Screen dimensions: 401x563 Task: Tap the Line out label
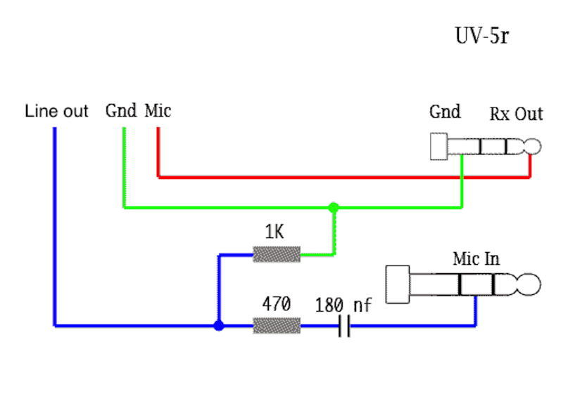click(x=56, y=111)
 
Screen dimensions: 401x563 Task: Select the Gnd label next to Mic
click(x=120, y=111)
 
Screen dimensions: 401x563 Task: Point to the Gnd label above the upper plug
click(x=445, y=112)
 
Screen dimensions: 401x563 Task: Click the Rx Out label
click(x=516, y=114)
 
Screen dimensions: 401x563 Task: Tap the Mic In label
click(x=476, y=258)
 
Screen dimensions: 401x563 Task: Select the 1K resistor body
click(x=277, y=254)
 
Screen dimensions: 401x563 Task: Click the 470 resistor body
click(x=277, y=326)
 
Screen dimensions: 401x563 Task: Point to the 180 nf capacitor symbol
click(x=344, y=326)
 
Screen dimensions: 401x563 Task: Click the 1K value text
click(x=274, y=232)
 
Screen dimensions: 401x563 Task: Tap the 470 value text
click(x=276, y=305)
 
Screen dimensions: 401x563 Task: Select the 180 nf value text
click(x=344, y=305)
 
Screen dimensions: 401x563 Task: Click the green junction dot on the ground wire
click(x=334, y=208)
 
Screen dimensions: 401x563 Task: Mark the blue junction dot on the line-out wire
click(x=219, y=326)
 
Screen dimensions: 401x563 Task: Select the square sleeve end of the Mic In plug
click(x=398, y=285)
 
